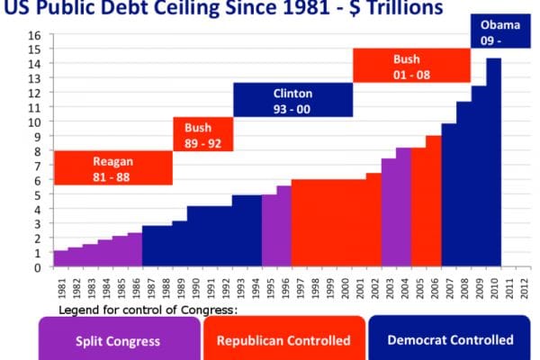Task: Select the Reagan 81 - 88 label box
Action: pyautogui.click(x=112, y=168)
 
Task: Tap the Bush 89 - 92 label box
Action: pyautogui.click(x=202, y=134)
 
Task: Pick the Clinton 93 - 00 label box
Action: pyautogui.click(x=292, y=100)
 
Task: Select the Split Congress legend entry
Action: pyautogui.click(x=119, y=340)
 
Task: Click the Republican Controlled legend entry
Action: pyautogui.click(x=284, y=340)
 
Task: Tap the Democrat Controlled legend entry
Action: pyautogui.click(x=450, y=340)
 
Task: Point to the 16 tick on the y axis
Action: pyautogui.click(x=35, y=35)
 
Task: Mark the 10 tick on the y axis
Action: pyautogui.click(x=35, y=122)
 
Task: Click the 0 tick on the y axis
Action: pyautogui.click(x=38, y=267)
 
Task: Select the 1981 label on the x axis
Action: pyautogui.click(x=60, y=286)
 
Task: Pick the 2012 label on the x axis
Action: pyautogui.click(x=523, y=286)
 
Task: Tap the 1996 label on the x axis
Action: pyautogui.click(x=284, y=286)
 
